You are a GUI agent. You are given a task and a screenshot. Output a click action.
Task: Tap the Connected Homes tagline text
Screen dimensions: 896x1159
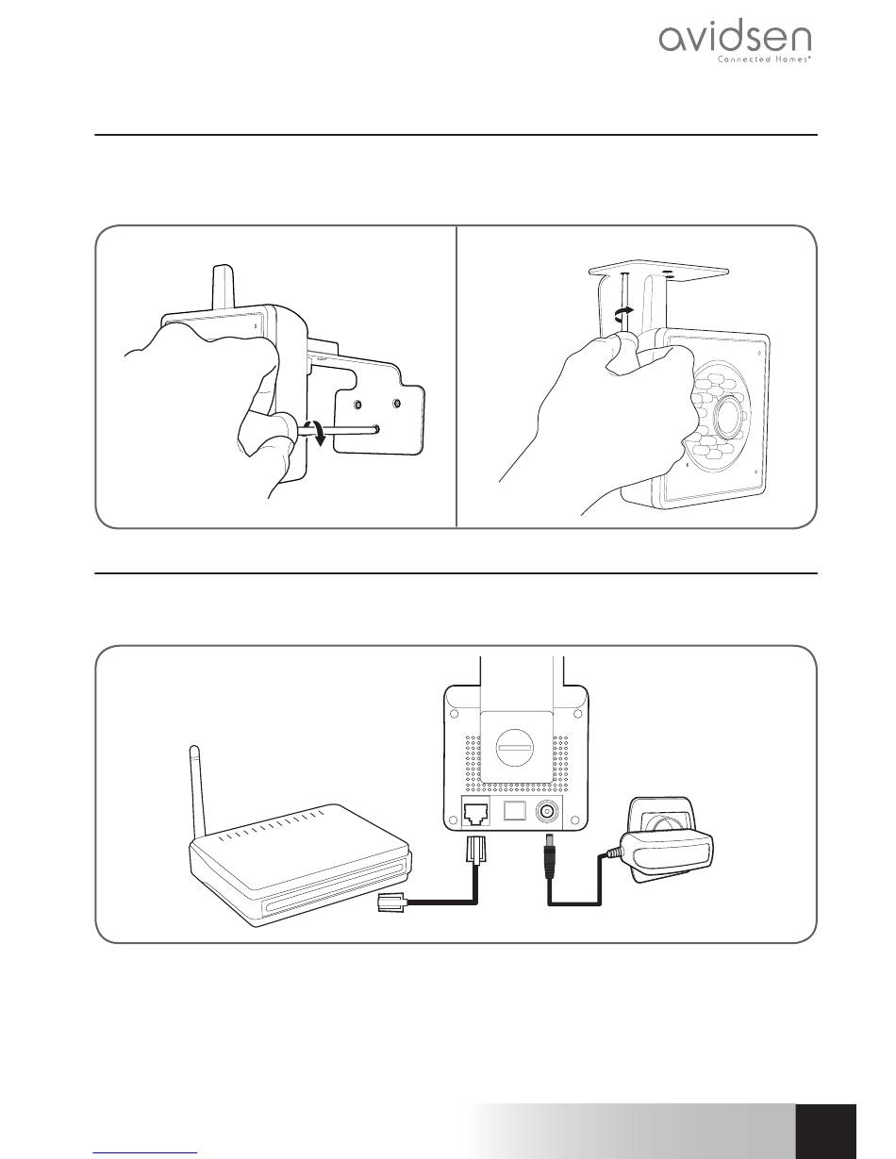pos(764,59)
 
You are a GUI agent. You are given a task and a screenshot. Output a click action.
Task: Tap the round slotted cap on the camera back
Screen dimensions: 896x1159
pos(515,749)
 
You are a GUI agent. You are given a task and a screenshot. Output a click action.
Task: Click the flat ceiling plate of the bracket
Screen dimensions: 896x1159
pos(658,271)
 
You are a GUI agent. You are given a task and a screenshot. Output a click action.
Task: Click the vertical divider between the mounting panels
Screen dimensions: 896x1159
pos(457,376)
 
